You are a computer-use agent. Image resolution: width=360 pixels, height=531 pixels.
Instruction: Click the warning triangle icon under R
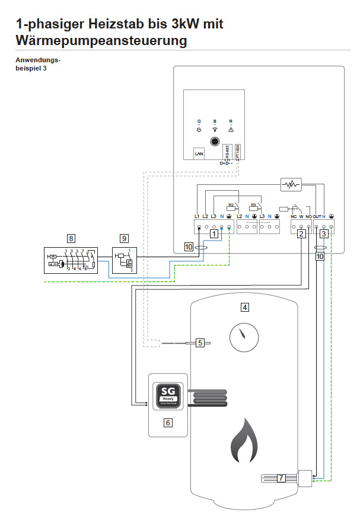231,129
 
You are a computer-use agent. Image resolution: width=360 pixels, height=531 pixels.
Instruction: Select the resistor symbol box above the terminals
290,185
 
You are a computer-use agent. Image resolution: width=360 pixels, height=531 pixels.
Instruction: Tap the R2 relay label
231,204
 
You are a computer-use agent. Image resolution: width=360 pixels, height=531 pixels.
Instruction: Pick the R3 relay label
254,204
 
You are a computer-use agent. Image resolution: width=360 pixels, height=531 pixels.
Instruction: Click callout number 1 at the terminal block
214,234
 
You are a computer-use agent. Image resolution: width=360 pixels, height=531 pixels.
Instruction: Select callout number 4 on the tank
244,307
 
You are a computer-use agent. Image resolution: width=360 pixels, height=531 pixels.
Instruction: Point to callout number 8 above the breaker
71,238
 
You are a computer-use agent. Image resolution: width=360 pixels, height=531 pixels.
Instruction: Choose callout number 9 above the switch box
124,238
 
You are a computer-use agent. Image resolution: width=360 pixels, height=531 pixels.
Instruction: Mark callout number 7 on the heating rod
281,477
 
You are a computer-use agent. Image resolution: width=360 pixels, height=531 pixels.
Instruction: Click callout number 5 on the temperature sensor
200,343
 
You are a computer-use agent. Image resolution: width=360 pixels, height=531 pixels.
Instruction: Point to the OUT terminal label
318,217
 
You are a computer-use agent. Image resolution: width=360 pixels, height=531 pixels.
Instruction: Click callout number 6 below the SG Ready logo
168,423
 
